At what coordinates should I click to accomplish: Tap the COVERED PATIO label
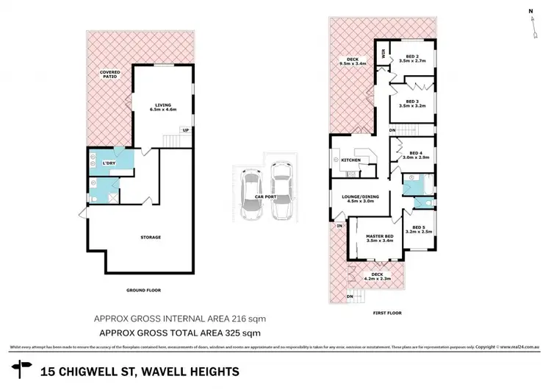coord(111,74)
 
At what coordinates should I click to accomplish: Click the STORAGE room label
coord(151,237)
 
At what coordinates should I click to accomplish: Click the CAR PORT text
coord(265,197)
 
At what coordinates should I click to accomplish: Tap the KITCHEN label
coord(350,160)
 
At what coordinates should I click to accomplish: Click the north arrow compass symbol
coord(530,21)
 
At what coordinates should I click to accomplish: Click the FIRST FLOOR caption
coord(387,312)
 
